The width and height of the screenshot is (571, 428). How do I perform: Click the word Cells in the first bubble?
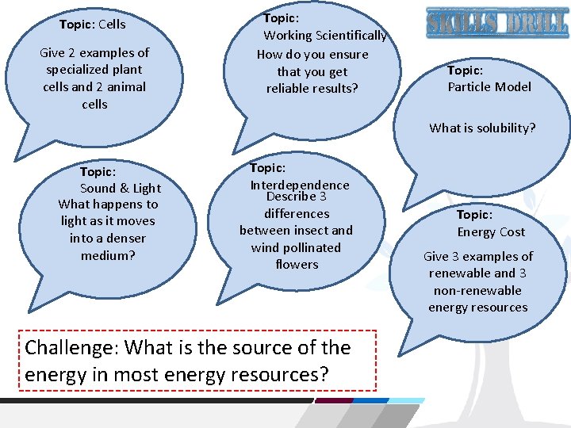[112, 24]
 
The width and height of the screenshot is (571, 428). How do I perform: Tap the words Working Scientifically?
[325, 36]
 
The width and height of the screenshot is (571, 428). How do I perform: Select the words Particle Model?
[489, 87]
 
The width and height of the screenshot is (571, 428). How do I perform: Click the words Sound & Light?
[121, 188]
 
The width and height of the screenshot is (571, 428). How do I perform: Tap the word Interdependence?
[300, 185]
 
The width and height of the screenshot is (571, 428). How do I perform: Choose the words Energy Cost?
[491, 232]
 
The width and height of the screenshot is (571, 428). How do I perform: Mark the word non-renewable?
[477, 290]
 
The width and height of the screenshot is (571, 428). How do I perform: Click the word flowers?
[297, 265]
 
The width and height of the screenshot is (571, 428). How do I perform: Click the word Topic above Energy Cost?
[474, 215]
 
